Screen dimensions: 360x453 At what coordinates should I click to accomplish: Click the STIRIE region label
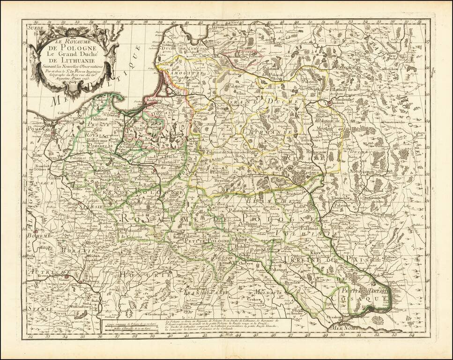(34, 309)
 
